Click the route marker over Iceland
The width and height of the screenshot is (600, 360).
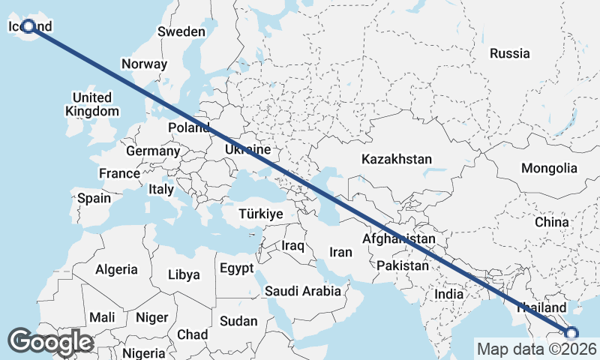(28, 26)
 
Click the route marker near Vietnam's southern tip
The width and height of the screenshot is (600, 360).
(571, 333)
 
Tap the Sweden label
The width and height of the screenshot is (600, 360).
(181, 31)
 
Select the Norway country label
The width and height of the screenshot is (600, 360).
(144, 64)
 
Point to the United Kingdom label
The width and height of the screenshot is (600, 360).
(92, 104)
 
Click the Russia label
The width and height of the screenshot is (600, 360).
(509, 53)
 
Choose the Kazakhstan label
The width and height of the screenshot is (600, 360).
(397, 159)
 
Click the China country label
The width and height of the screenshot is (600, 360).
(552, 222)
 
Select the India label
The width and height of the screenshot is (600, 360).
(449, 294)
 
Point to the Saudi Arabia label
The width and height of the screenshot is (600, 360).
(303, 290)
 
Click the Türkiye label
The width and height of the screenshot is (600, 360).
(260, 214)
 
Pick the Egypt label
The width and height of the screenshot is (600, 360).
(237, 268)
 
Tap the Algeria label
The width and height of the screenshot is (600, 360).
(116, 269)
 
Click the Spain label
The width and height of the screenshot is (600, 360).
(94, 199)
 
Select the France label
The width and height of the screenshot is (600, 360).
(119, 173)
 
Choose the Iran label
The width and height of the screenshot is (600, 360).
(340, 252)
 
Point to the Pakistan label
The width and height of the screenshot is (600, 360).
(403, 265)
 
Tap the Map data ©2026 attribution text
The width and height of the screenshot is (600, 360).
(536, 349)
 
